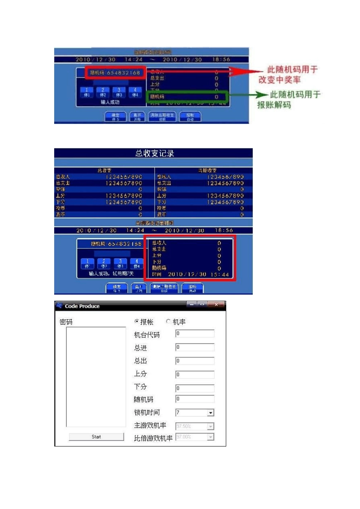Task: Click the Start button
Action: pyautogui.click(x=96, y=437)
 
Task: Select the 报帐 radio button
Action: pyautogui.click(x=137, y=322)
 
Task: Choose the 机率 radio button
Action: pyautogui.click(x=168, y=322)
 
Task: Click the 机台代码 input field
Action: pyautogui.click(x=195, y=334)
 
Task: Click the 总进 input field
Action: pyautogui.click(x=195, y=347)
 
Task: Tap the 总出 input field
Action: pyautogui.click(x=195, y=361)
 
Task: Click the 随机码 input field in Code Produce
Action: pyautogui.click(x=195, y=399)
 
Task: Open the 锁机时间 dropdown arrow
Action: pyautogui.click(x=211, y=413)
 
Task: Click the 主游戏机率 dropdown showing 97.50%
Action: pyautogui.click(x=195, y=426)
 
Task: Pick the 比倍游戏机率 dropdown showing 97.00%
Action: pyautogui.click(x=195, y=437)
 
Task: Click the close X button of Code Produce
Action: pyautogui.click(x=216, y=305)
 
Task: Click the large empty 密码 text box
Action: pyautogui.click(x=96, y=377)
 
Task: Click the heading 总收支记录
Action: pyautogui.click(x=155, y=153)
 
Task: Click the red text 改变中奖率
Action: pyautogui.click(x=280, y=80)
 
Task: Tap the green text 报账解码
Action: pyautogui.click(x=274, y=105)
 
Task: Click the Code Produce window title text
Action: pyautogui.click(x=82, y=306)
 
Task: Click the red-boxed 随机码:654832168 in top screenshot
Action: pyautogui.click(x=115, y=73)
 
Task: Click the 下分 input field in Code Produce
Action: pyautogui.click(x=195, y=388)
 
